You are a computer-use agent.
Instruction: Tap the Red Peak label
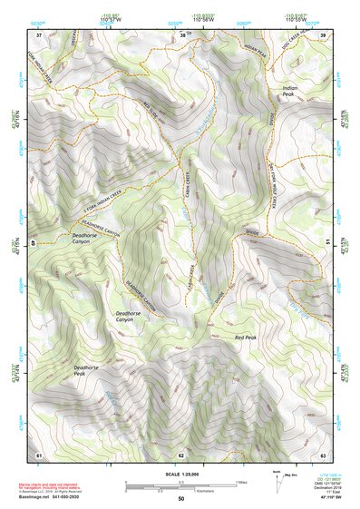point(246,338)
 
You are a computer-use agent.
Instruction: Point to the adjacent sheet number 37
point(39,34)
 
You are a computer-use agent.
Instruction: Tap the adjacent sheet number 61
point(39,454)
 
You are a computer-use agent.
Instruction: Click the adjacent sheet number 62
point(180,454)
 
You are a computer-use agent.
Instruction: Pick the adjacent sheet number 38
point(180,34)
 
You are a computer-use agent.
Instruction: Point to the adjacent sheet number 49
point(34,243)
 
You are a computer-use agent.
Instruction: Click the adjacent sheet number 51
point(326,243)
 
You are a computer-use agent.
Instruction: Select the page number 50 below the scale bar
point(180,499)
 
